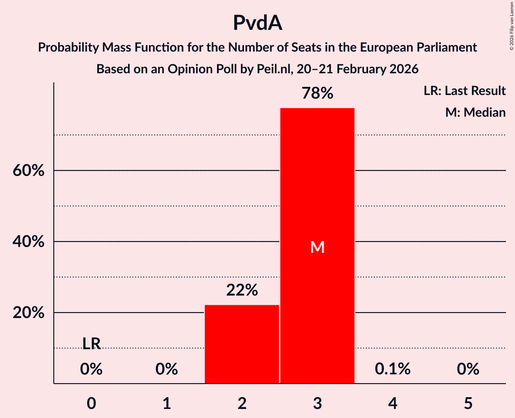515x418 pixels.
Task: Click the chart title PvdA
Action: point(257,23)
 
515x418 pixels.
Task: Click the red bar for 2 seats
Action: point(242,344)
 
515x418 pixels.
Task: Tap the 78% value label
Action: point(317,94)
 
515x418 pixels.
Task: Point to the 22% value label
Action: point(242,290)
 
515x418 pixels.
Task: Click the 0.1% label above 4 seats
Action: point(392,369)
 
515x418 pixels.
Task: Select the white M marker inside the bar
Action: point(317,247)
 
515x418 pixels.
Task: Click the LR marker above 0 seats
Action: point(91,344)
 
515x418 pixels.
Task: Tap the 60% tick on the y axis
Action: point(28,171)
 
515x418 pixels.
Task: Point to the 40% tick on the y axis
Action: point(28,242)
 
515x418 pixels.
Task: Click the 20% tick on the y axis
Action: point(28,313)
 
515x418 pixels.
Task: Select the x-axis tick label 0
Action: point(91,403)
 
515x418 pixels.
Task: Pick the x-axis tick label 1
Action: point(167,403)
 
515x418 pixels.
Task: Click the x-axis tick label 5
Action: point(468,403)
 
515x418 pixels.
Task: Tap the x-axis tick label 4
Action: point(392,403)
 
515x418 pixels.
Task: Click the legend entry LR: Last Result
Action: point(464,91)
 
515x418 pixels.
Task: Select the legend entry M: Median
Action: point(475,112)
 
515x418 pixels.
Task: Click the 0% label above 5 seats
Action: point(468,369)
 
